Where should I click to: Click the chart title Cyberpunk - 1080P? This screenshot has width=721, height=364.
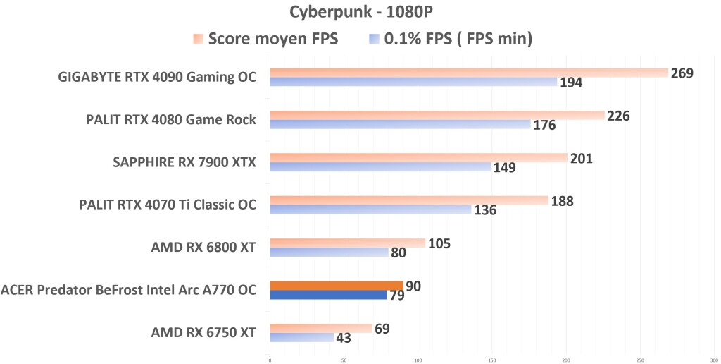tap(360, 13)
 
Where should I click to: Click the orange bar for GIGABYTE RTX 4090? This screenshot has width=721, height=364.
tap(468, 73)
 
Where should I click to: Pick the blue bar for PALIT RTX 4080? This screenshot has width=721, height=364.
tap(400, 125)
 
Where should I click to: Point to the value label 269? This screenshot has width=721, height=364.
tap(682, 73)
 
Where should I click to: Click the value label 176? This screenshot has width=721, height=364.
tap(544, 126)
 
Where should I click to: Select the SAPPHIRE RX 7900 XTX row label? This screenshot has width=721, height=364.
tap(184, 163)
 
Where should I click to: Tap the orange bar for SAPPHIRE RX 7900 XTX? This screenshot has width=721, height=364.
tap(418, 158)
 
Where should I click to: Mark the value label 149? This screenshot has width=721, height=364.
tap(504, 168)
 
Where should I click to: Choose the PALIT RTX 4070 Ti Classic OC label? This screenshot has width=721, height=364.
tap(168, 205)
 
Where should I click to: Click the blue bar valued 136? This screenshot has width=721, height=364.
tap(370, 210)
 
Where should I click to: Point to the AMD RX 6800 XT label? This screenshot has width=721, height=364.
tap(203, 248)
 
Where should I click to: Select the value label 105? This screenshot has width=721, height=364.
tap(439, 244)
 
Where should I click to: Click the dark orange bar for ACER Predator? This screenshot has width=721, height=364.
tap(336, 286)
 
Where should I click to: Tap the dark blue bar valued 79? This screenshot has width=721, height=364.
tap(328, 295)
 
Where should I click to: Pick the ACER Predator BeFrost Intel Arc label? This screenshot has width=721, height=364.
tap(128, 290)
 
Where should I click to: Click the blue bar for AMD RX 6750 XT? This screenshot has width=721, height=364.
tap(301, 338)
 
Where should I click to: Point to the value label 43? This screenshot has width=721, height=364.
tap(345, 339)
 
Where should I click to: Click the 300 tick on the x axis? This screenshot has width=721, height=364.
tap(713, 359)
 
